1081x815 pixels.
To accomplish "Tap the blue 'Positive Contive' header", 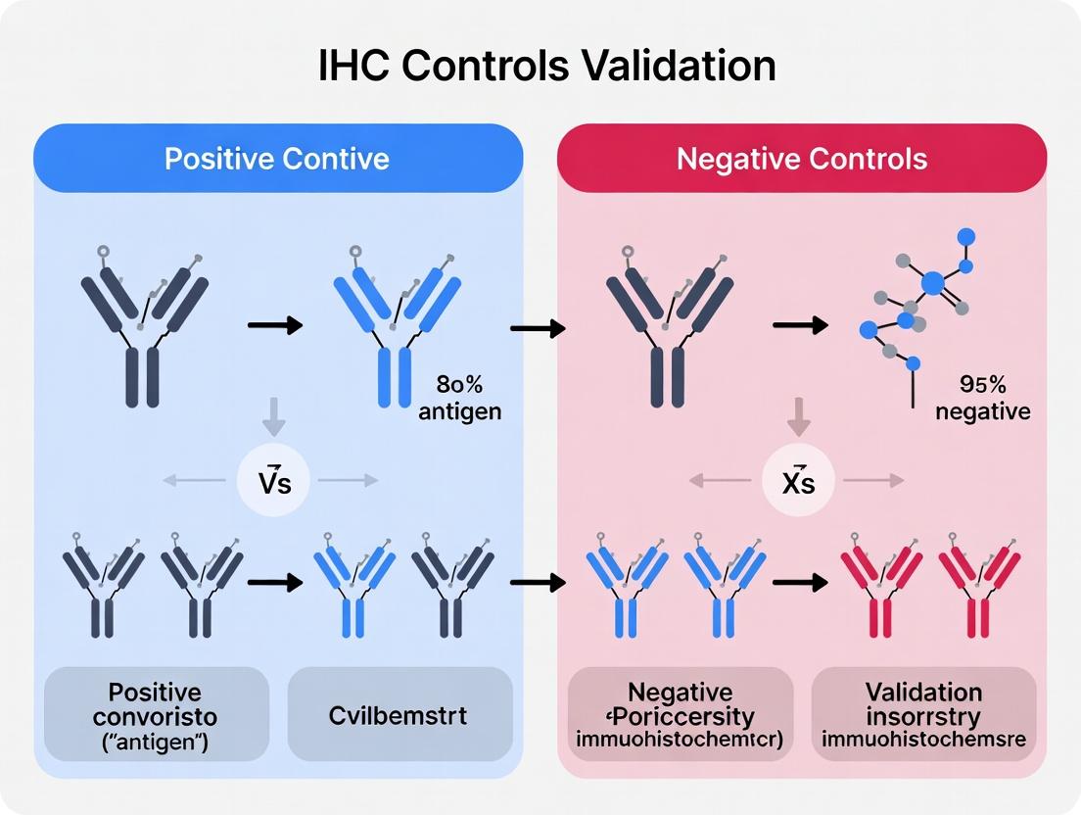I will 277,158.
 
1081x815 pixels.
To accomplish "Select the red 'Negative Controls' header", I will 802,158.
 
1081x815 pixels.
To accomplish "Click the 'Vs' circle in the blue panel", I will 275,481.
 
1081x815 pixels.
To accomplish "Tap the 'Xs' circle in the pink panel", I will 799,481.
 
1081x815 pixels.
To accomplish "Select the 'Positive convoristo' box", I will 158,715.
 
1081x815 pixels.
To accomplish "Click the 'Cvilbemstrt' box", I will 399,715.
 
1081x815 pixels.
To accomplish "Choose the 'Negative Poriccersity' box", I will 681,715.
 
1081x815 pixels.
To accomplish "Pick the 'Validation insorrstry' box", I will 923,715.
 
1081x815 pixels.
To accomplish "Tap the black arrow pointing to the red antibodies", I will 799,583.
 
